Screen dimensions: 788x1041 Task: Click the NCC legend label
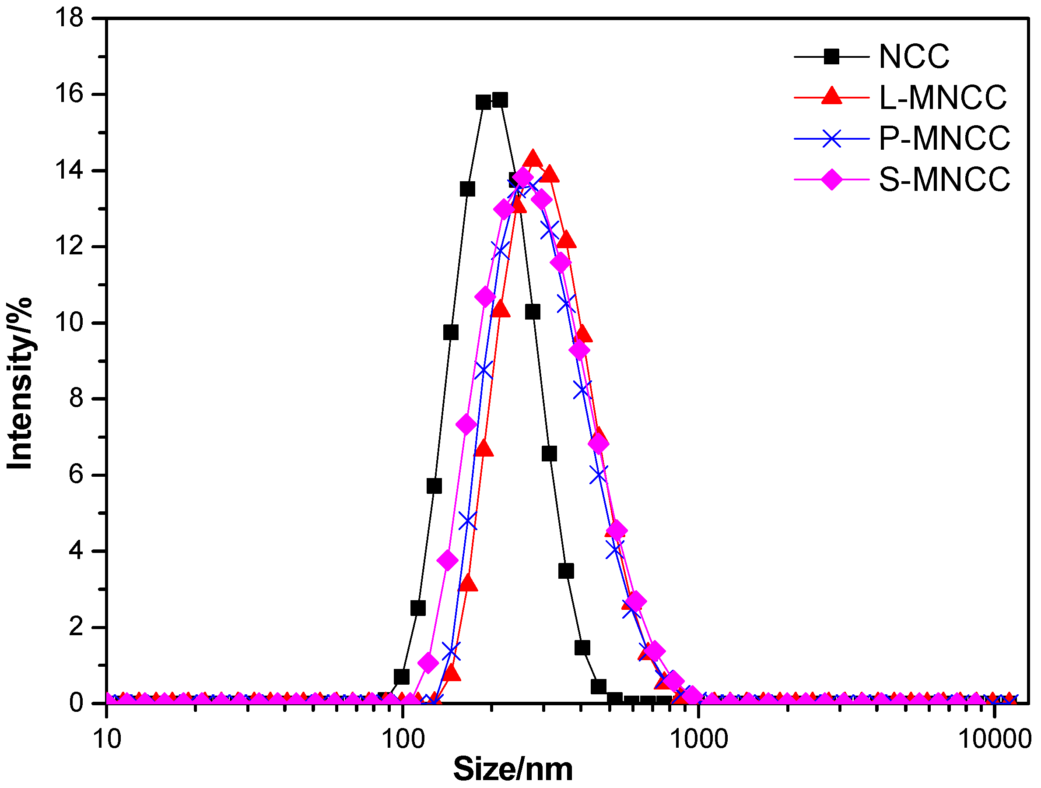[914, 57]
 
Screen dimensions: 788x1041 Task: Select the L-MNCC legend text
[943, 98]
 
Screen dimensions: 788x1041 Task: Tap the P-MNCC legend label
[944, 139]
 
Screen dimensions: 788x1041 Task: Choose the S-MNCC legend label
[944, 180]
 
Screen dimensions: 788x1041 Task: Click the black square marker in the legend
[831, 57]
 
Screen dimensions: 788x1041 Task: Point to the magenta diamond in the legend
[831, 180]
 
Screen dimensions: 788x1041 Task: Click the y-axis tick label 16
[69, 94]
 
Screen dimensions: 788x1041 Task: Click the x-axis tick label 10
[107, 739]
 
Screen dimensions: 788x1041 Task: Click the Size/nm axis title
[513, 770]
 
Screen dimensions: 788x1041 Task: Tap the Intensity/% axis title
[20, 383]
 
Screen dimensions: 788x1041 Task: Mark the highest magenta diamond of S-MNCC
[522, 178]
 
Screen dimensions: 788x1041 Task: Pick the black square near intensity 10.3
[532, 312]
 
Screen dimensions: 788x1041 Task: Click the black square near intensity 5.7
[434, 486]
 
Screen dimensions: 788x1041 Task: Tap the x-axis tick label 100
[403, 739]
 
